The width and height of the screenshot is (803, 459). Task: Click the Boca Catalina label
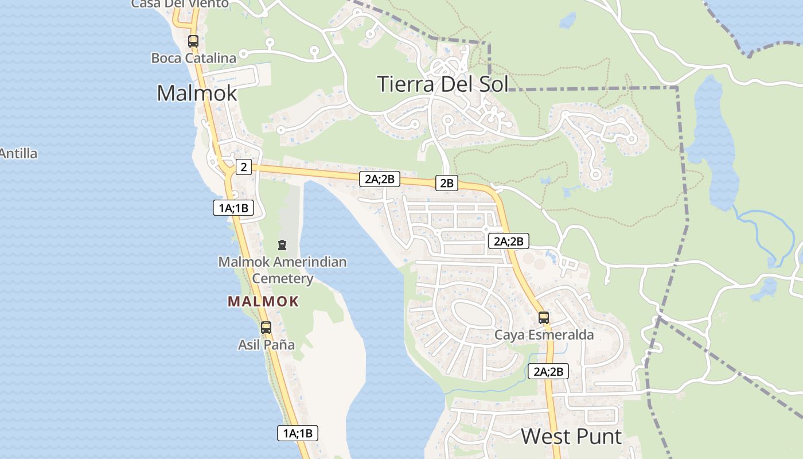pos(193,58)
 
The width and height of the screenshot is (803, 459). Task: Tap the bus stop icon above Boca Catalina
pos(193,41)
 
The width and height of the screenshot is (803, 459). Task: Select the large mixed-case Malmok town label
pos(197,93)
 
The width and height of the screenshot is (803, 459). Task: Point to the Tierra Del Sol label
pos(443,84)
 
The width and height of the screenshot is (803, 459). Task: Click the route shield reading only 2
pos(244,167)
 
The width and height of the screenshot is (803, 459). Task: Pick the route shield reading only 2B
pos(446,183)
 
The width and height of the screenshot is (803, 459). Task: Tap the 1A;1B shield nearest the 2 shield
pos(233,208)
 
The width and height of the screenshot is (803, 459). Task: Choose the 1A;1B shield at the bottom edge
pos(298,433)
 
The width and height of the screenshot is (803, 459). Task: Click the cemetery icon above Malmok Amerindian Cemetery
pos(282,246)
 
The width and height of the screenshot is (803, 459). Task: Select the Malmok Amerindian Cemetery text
pos(282,270)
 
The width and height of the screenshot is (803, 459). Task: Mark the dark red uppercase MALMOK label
pos(263,301)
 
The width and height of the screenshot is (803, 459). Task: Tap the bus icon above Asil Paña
pos(266,328)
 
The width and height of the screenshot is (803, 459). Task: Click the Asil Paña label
pos(266,345)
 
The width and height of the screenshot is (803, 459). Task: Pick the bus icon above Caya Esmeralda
pos(544,318)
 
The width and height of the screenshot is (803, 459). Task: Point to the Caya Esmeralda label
pos(544,334)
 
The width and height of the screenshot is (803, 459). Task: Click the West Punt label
pos(571,437)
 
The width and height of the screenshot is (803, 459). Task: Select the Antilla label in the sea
pos(18,154)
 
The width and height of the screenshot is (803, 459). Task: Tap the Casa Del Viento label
pos(180,4)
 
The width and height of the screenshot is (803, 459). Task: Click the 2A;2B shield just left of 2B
pos(379,178)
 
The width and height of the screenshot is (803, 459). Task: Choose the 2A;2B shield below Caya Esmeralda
pos(548,371)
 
